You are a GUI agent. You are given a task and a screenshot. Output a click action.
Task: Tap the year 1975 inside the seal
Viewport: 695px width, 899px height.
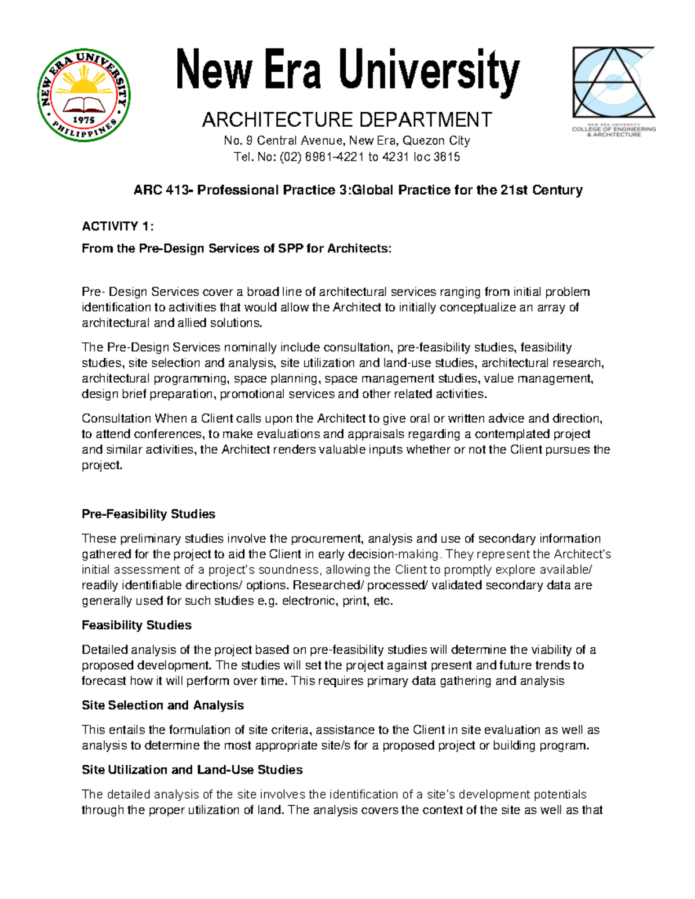[83, 120]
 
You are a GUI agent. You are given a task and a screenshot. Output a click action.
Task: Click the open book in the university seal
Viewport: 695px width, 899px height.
[84, 105]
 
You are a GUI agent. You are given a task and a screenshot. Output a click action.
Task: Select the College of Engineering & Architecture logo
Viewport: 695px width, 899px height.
[613, 91]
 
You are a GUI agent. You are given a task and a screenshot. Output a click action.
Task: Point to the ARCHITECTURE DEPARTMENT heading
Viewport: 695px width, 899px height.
[346, 120]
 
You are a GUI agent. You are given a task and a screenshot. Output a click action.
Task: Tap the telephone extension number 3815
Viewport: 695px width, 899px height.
[447, 157]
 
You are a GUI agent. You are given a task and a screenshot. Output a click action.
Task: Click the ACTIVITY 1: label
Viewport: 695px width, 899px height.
[118, 226]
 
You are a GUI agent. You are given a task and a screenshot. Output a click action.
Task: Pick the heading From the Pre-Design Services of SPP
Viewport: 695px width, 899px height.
[236, 249]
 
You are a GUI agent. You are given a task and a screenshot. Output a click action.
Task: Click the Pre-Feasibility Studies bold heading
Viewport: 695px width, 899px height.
[148, 514]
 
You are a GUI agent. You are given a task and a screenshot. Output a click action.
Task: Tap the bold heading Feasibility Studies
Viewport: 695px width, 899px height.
[137, 625]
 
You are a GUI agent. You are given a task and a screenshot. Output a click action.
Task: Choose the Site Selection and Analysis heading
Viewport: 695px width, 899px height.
[163, 705]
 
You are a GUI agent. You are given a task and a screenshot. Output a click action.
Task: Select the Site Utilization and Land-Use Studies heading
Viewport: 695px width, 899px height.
[192, 770]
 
